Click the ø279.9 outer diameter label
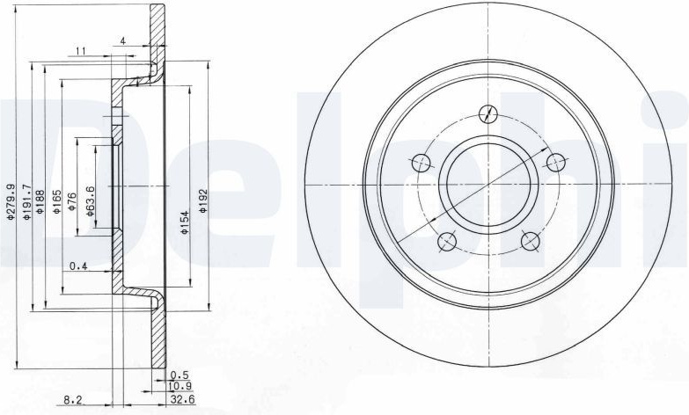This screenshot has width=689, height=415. pos(11,201)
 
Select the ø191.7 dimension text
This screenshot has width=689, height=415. pos(26,202)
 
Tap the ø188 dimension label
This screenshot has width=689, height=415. pos(40,201)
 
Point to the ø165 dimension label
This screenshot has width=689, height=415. pos(56,201)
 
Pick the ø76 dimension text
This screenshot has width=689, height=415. pos(72,202)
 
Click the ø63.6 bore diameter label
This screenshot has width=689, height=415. pos(89,201)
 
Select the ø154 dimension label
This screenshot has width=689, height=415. pos(185,222)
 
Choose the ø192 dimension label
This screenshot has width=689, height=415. pos(202,201)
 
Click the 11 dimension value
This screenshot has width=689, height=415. pos(80,51)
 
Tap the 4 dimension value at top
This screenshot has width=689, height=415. pos(123,40)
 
